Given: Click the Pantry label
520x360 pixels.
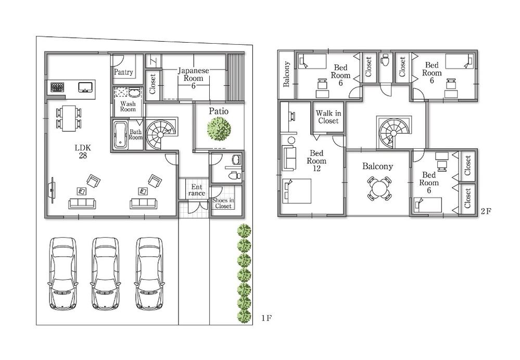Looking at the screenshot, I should (123, 72).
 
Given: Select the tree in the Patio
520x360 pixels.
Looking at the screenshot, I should (219, 128).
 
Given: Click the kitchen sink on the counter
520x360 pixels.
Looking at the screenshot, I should (84, 87).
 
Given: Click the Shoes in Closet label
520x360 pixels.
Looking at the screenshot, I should (223, 203).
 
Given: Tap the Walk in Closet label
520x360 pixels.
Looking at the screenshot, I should (328, 117).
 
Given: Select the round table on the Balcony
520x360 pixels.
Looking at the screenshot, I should (379, 188).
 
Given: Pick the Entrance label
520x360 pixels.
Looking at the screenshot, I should (197, 190).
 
